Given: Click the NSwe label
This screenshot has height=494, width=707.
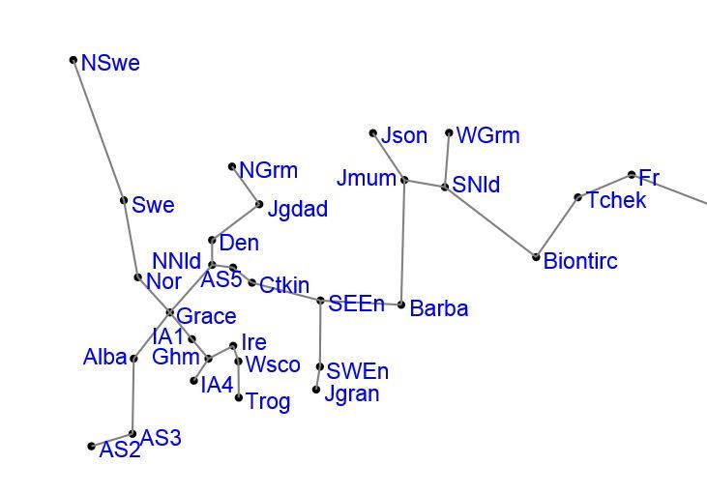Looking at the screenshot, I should (x=110, y=64).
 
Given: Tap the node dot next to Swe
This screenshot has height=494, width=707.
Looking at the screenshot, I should (x=124, y=201).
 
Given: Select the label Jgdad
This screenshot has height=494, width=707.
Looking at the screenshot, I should (x=297, y=209).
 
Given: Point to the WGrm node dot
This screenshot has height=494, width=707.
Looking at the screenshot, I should (x=450, y=133).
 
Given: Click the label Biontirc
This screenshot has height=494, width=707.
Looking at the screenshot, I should (x=580, y=261).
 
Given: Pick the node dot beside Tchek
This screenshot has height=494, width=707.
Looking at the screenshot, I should (x=578, y=198).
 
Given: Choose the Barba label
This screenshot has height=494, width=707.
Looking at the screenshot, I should (x=439, y=308).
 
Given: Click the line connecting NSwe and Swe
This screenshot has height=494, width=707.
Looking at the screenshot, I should (x=99, y=131).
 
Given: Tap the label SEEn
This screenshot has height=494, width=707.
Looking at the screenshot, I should (x=356, y=304).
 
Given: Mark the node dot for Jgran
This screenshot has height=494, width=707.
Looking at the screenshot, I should (x=316, y=390).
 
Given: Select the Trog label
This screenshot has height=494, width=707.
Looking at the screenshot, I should (x=268, y=401).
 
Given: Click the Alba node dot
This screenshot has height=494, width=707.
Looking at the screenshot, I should (x=133, y=359).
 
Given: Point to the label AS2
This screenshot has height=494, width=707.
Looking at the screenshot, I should (x=120, y=450).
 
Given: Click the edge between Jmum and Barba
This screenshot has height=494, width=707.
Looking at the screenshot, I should (x=402, y=242).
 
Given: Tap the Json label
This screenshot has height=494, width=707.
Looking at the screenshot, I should (x=404, y=136).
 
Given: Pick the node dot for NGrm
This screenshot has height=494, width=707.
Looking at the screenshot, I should (x=232, y=167).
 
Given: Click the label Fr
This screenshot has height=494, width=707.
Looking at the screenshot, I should (x=649, y=178).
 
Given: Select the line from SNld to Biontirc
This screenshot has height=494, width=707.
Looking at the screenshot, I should (x=490, y=221).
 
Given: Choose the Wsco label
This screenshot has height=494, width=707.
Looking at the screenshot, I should (x=273, y=364).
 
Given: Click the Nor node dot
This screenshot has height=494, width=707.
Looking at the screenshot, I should (x=138, y=277).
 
